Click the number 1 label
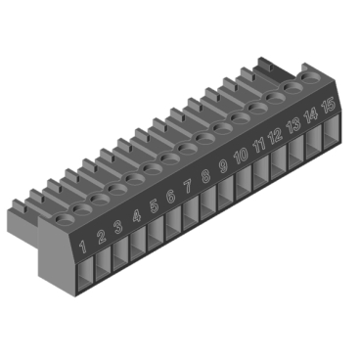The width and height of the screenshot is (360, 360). click(83, 247)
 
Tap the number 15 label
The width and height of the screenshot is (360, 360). click(329, 106)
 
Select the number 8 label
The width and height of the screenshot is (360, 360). click(206, 176)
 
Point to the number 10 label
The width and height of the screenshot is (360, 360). click(241, 156)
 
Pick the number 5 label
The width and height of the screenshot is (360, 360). click(154, 206)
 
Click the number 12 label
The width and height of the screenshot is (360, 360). click(276, 136)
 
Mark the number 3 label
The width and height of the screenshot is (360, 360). click(118, 227)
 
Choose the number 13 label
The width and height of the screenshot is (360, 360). click(293, 125)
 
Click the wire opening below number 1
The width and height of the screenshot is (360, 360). click(86, 273)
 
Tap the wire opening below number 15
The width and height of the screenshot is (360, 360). click(332, 135)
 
